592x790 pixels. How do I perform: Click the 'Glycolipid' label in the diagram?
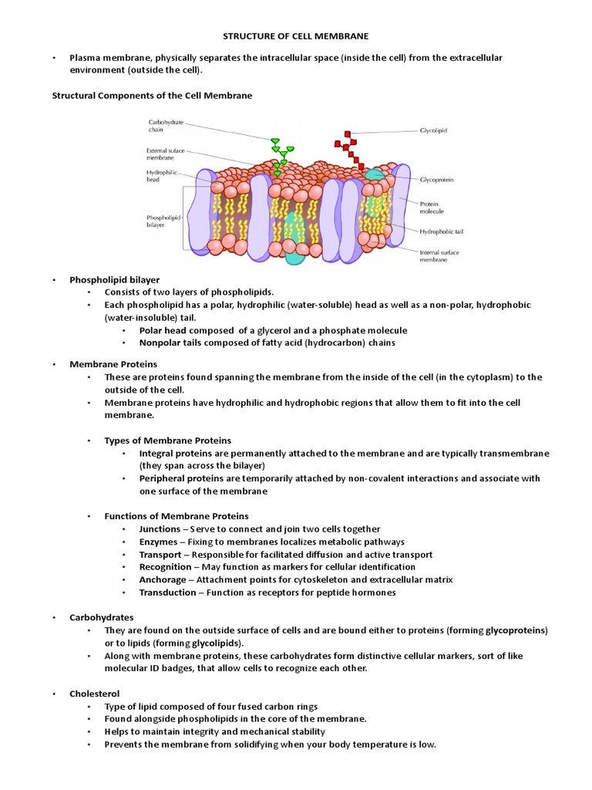click(433, 131)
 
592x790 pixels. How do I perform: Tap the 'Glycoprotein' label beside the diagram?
click(436, 179)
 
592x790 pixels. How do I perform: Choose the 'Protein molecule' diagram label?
click(432, 207)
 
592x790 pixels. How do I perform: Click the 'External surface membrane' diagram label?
click(166, 154)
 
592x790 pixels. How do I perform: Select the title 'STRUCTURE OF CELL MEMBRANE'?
click(295, 35)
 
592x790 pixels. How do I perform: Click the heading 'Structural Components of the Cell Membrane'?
click(152, 96)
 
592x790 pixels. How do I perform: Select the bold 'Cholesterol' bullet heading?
click(95, 694)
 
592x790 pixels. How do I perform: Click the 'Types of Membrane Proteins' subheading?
click(168, 441)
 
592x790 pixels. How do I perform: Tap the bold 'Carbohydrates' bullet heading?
click(102, 617)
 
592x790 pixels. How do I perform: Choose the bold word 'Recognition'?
click(164, 567)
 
